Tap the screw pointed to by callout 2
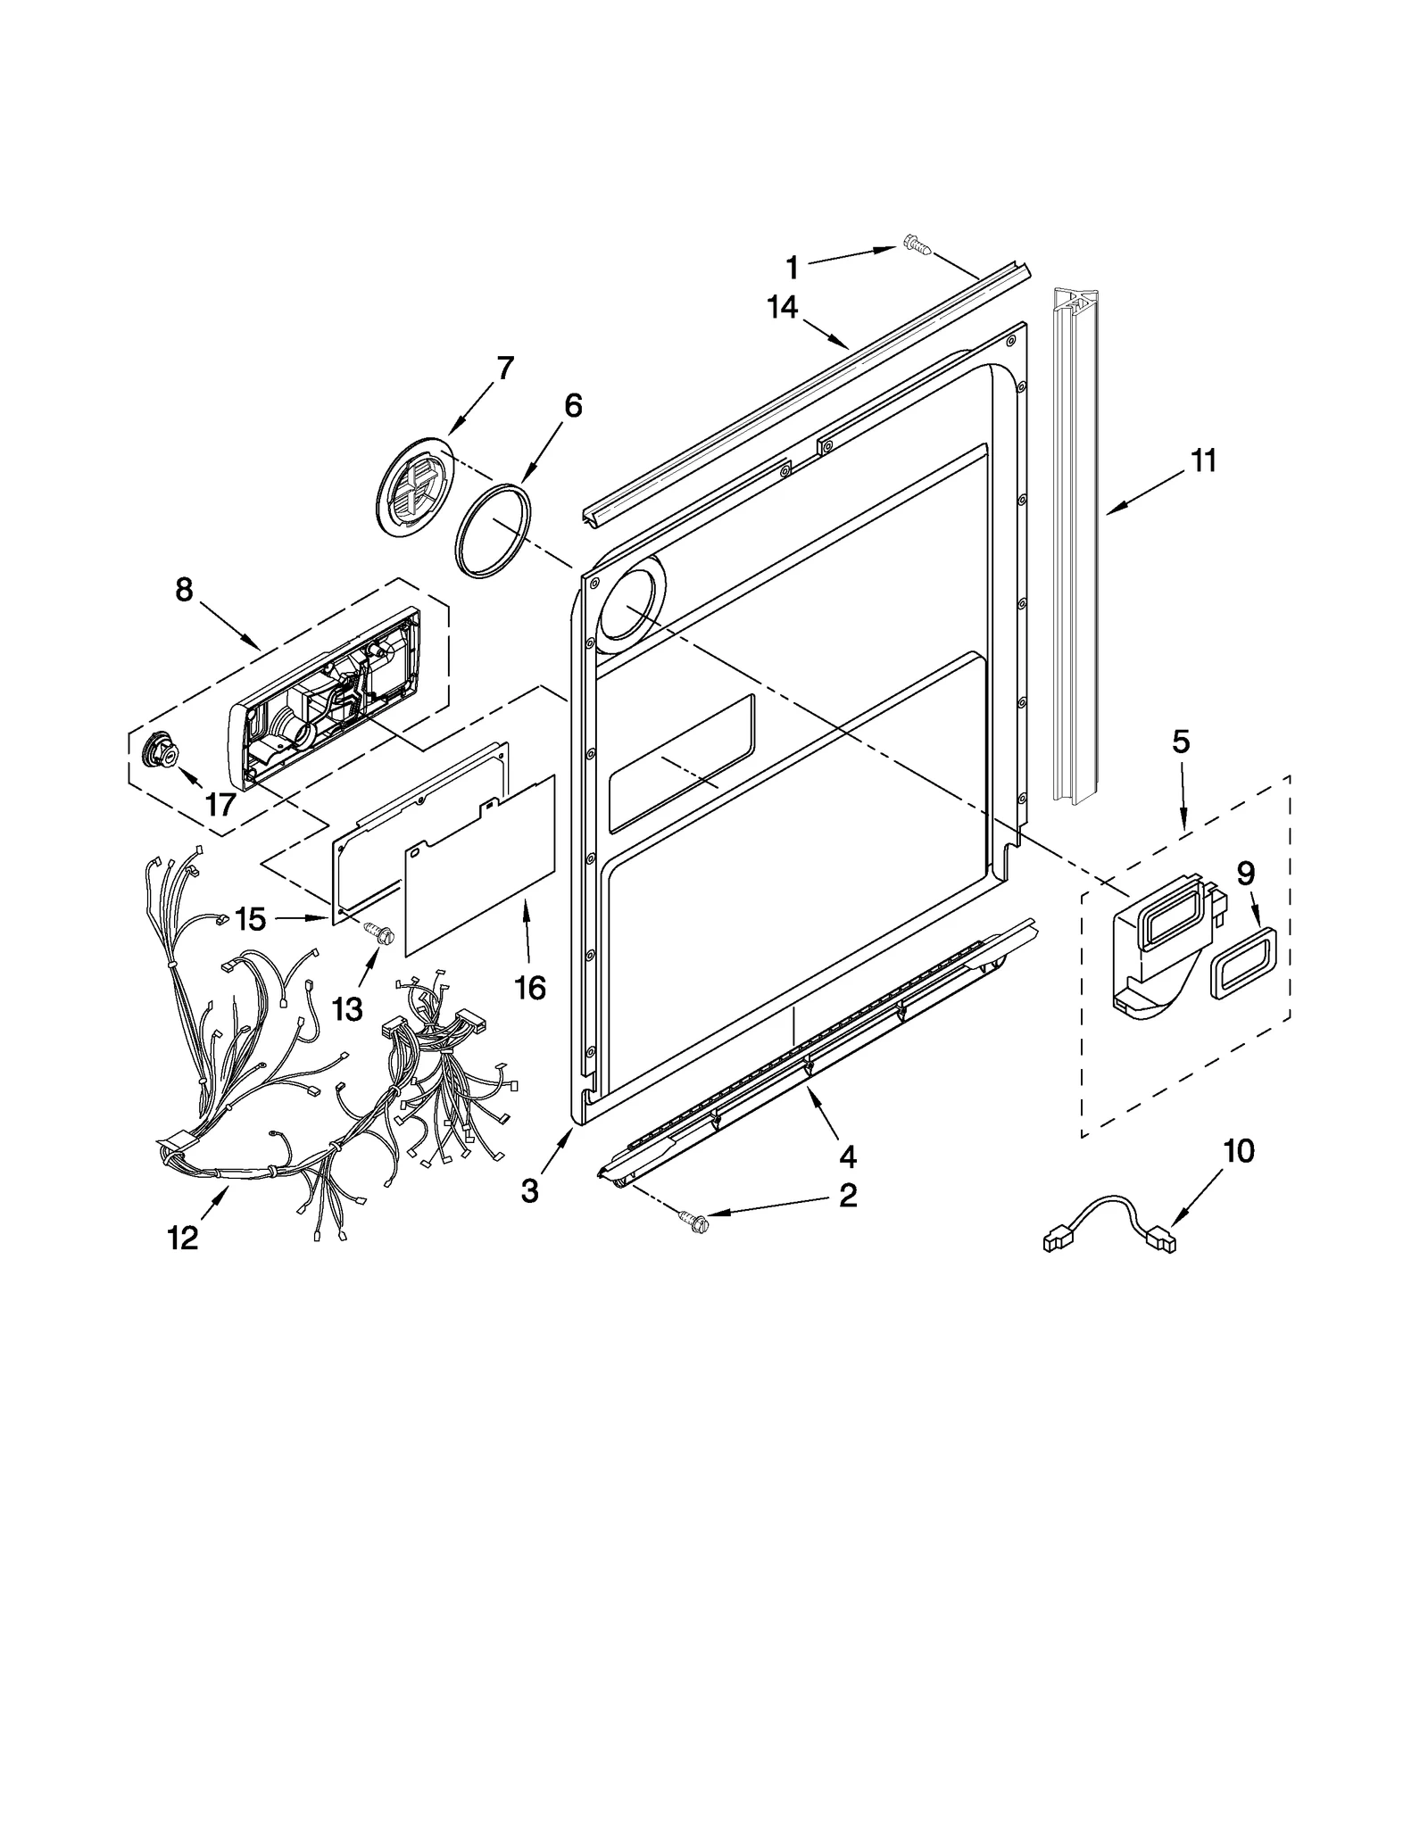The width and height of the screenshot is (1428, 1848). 693,1217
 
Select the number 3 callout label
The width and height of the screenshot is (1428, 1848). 530,1190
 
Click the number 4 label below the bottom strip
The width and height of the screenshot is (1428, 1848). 847,1157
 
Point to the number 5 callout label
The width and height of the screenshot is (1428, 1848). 1181,742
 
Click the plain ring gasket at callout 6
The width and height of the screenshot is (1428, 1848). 494,531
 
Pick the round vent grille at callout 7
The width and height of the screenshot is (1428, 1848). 415,486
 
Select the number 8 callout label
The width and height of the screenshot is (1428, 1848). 184,590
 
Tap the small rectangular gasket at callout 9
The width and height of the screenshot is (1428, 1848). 1242,962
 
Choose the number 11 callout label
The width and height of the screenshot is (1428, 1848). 1203,461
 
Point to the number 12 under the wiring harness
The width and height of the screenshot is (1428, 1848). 183,1238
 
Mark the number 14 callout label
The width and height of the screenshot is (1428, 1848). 782,307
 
